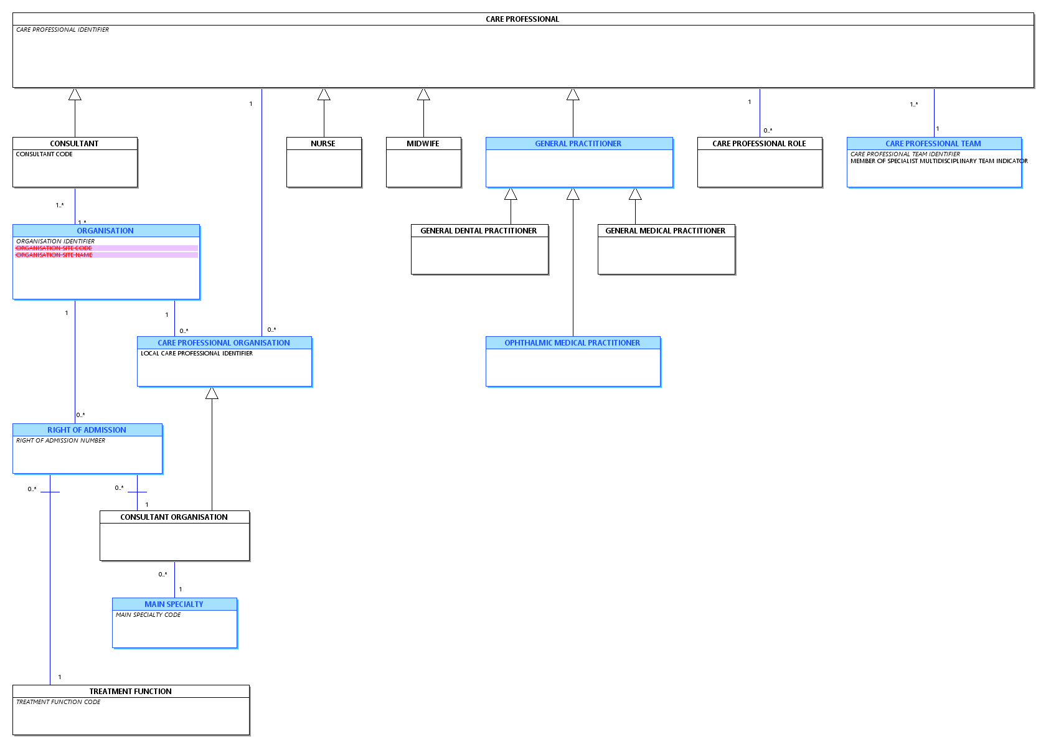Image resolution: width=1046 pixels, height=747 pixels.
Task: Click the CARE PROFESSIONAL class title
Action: pyautogui.click(x=522, y=19)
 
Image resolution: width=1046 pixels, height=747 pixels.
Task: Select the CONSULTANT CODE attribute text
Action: pyautogui.click(x=44, y=154)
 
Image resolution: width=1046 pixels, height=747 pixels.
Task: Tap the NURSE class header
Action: pyautogui.click(x=323, y=144)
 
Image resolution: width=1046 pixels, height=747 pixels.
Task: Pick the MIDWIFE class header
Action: pyautogui.click(x=423, y=144)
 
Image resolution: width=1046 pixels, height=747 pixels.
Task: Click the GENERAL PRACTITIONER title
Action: pyautogui.click(x=578, y=144)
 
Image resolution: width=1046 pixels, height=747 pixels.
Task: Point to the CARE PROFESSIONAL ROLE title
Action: pyautogui.click(x=760, y=144)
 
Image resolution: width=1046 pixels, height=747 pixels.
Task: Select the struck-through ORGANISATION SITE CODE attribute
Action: pyautogui.click(x=54, y=248)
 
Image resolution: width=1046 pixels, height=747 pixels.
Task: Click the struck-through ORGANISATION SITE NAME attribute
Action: pyautogui.click(x=54, y=255)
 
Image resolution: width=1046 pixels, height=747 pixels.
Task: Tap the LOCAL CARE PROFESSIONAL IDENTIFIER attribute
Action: pyautogui.click(x=197, y=354)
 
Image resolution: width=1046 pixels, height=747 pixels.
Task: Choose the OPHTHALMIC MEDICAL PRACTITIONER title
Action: pyautogui.click(x=572, y=343)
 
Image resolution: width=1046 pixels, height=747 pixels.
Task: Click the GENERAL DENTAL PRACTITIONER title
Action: pyautogui.click(x=479, y=231)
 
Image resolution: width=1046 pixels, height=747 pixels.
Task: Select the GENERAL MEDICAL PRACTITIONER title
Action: pyautogui.click(x=666, y=231)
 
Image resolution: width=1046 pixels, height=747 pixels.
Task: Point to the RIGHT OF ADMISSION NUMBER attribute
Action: pyautogui.click(x=61, y=441)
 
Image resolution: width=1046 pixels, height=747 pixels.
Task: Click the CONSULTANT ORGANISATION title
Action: pyautogui.click(x=174, y=517)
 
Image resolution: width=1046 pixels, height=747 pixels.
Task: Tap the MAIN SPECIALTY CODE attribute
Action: pyautogui.click(x=148, y=615)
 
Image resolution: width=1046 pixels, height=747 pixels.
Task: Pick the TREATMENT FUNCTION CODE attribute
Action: pyautogui.click(x=59, y=702)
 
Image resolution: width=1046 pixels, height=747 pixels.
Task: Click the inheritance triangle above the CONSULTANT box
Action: pyautogui.click(x=75, y=95)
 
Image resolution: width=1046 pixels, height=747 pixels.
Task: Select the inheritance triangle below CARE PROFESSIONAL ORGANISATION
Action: pyautogui.click(x=212, y=393)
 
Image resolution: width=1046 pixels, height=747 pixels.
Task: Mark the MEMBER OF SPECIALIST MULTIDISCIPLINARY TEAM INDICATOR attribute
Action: pyautogui.click(x=939, y=161)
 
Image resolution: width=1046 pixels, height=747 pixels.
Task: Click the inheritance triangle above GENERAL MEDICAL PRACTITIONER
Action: pyautogui.click(x=635, y=194)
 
